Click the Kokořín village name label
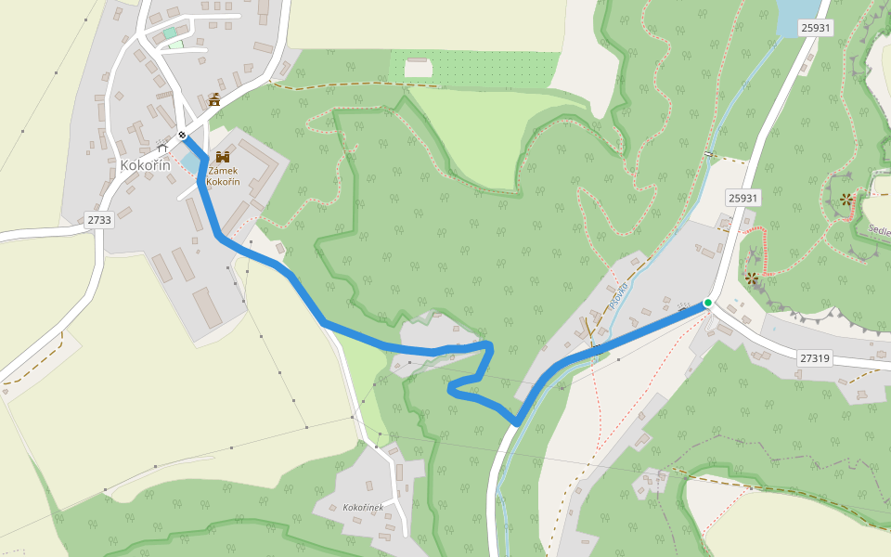[145, 165]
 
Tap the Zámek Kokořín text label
[223, 176]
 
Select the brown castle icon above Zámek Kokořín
[223, 157]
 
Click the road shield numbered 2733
[98, 220]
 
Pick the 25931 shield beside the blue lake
[815, 28]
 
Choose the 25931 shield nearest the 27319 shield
[743, 198]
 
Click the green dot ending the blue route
[707, 303]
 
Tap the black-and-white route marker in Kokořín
[183, 135]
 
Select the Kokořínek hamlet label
[363, 508]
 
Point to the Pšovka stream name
[618, 295]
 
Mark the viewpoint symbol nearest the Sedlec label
[846, 199]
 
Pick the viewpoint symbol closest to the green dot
[751, 278]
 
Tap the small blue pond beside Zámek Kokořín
[191, 163]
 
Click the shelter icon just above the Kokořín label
[162, 148]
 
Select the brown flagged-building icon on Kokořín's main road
[214, 99]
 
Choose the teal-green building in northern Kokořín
[170, 33]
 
